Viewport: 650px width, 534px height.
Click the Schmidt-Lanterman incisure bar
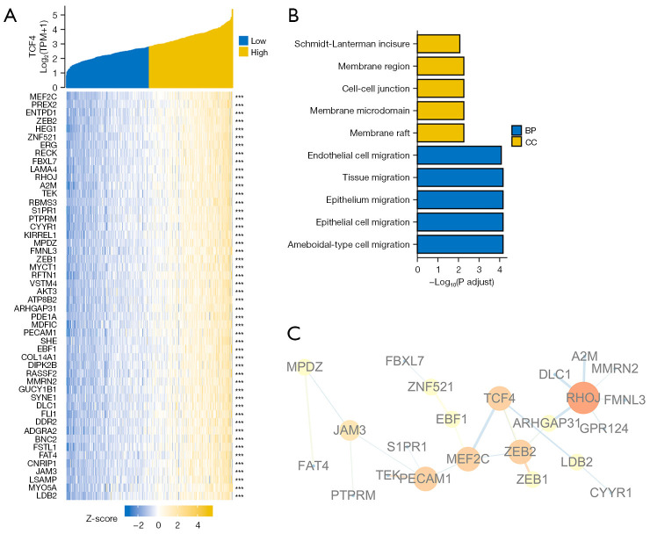[x=437, y=43]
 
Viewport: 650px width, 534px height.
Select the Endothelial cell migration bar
[x=459, y=155]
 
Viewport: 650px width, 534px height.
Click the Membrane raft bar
[x=439, y=133]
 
